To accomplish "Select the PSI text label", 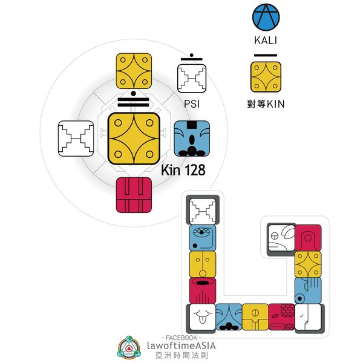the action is (x=192, y=104).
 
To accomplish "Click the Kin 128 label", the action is (x=183, y=171).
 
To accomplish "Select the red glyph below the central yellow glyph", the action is (x=133, y=195).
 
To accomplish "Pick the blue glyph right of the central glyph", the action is (x=192, y=139).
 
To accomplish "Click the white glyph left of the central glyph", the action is (x=76, y=139).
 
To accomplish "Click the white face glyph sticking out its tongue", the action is (x=201, y=316).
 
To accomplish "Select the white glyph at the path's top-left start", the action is (x=202, y=211).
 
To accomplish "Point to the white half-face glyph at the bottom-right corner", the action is (x=309, y=316).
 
